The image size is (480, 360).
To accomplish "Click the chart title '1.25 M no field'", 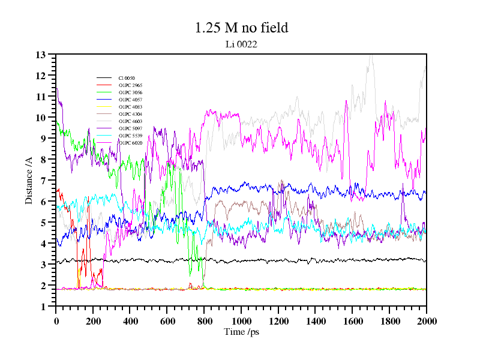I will coord(241,28).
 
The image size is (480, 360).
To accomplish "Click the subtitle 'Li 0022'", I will coord(241,43).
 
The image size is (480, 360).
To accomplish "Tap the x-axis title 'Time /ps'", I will coord(241,331).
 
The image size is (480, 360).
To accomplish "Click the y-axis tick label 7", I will coord(43,181).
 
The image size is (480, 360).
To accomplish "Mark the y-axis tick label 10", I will coord(40,118).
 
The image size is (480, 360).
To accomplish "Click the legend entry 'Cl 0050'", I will coord(127,78).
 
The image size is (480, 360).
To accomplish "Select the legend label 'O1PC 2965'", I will coord(130,85).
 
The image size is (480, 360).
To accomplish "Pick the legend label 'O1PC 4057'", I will coord(130,100).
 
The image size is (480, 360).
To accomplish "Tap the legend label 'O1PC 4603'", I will coord(130,121).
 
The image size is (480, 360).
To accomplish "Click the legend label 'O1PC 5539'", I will coord(130,136).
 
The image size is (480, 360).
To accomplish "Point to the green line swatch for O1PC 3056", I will coord(104,92).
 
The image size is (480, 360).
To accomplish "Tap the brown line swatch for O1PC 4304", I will coord(104,114).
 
